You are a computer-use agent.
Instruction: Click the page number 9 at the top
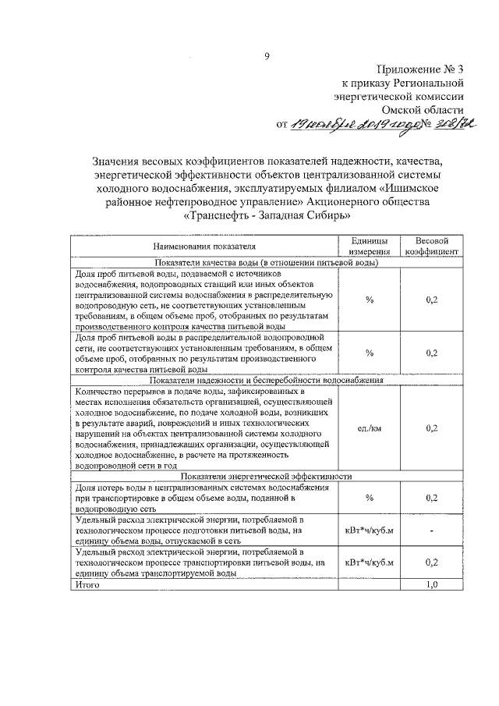pyautogui.click(x=267, y=55)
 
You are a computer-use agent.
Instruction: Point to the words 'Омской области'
pyautogui.click(x=426, y=109)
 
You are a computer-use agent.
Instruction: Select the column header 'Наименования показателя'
pyautogui.click(x=204, y=246)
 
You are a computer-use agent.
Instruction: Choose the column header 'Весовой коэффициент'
pyautogui.click(x=431, y=246)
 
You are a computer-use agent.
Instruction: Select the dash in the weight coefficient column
pyautogui.click(x=431, y=531)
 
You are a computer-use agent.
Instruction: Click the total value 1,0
pyautogui.click(x=431, y=584)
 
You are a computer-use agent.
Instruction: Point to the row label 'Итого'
pyautogui.click(x=87, y=584)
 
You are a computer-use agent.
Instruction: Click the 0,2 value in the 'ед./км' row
pyautogui.click(x=431, y=428)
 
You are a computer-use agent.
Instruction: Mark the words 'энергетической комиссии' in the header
pyautogui.click(x=399, y=96)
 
